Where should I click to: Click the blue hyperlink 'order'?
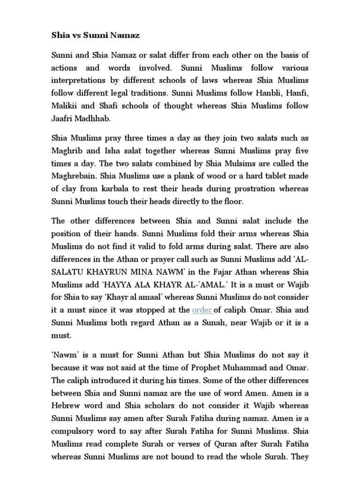point(202,310)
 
